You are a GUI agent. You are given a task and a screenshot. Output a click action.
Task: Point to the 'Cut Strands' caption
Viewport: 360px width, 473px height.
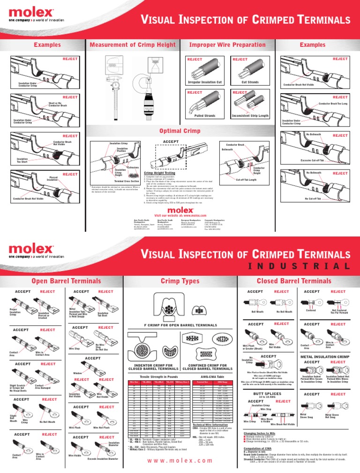click(250, 82)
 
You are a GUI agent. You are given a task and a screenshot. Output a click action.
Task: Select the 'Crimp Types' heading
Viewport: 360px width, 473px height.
click(180, 281)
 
